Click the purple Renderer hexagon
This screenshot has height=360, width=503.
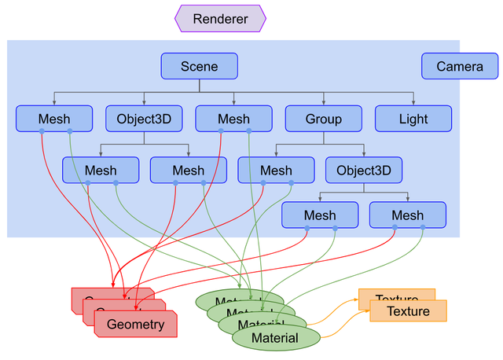coord(220,19)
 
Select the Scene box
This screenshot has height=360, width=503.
coord(199,66)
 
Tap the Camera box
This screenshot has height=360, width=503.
coord(460,66)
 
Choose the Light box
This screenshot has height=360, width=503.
coord(413,119)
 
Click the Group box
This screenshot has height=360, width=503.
coord(323,119)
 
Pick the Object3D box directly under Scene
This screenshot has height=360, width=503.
coord(144,119)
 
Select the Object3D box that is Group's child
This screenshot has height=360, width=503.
coord(364,170)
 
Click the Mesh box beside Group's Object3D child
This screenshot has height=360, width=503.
coord(276,170)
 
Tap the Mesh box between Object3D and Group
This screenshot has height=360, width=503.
coord(233,119)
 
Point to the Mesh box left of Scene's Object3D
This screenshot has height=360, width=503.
coord(54,119)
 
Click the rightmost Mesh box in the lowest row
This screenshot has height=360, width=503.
coord(407,215)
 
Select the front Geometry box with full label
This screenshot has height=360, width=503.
coord(135,324)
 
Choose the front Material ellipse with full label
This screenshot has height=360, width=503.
coord(275,338)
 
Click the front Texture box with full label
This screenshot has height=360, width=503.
coord(408,311)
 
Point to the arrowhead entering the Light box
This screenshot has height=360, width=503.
coord(413,103)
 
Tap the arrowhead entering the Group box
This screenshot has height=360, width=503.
coord(323,103)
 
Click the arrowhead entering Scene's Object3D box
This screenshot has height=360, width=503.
coord(144,103)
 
